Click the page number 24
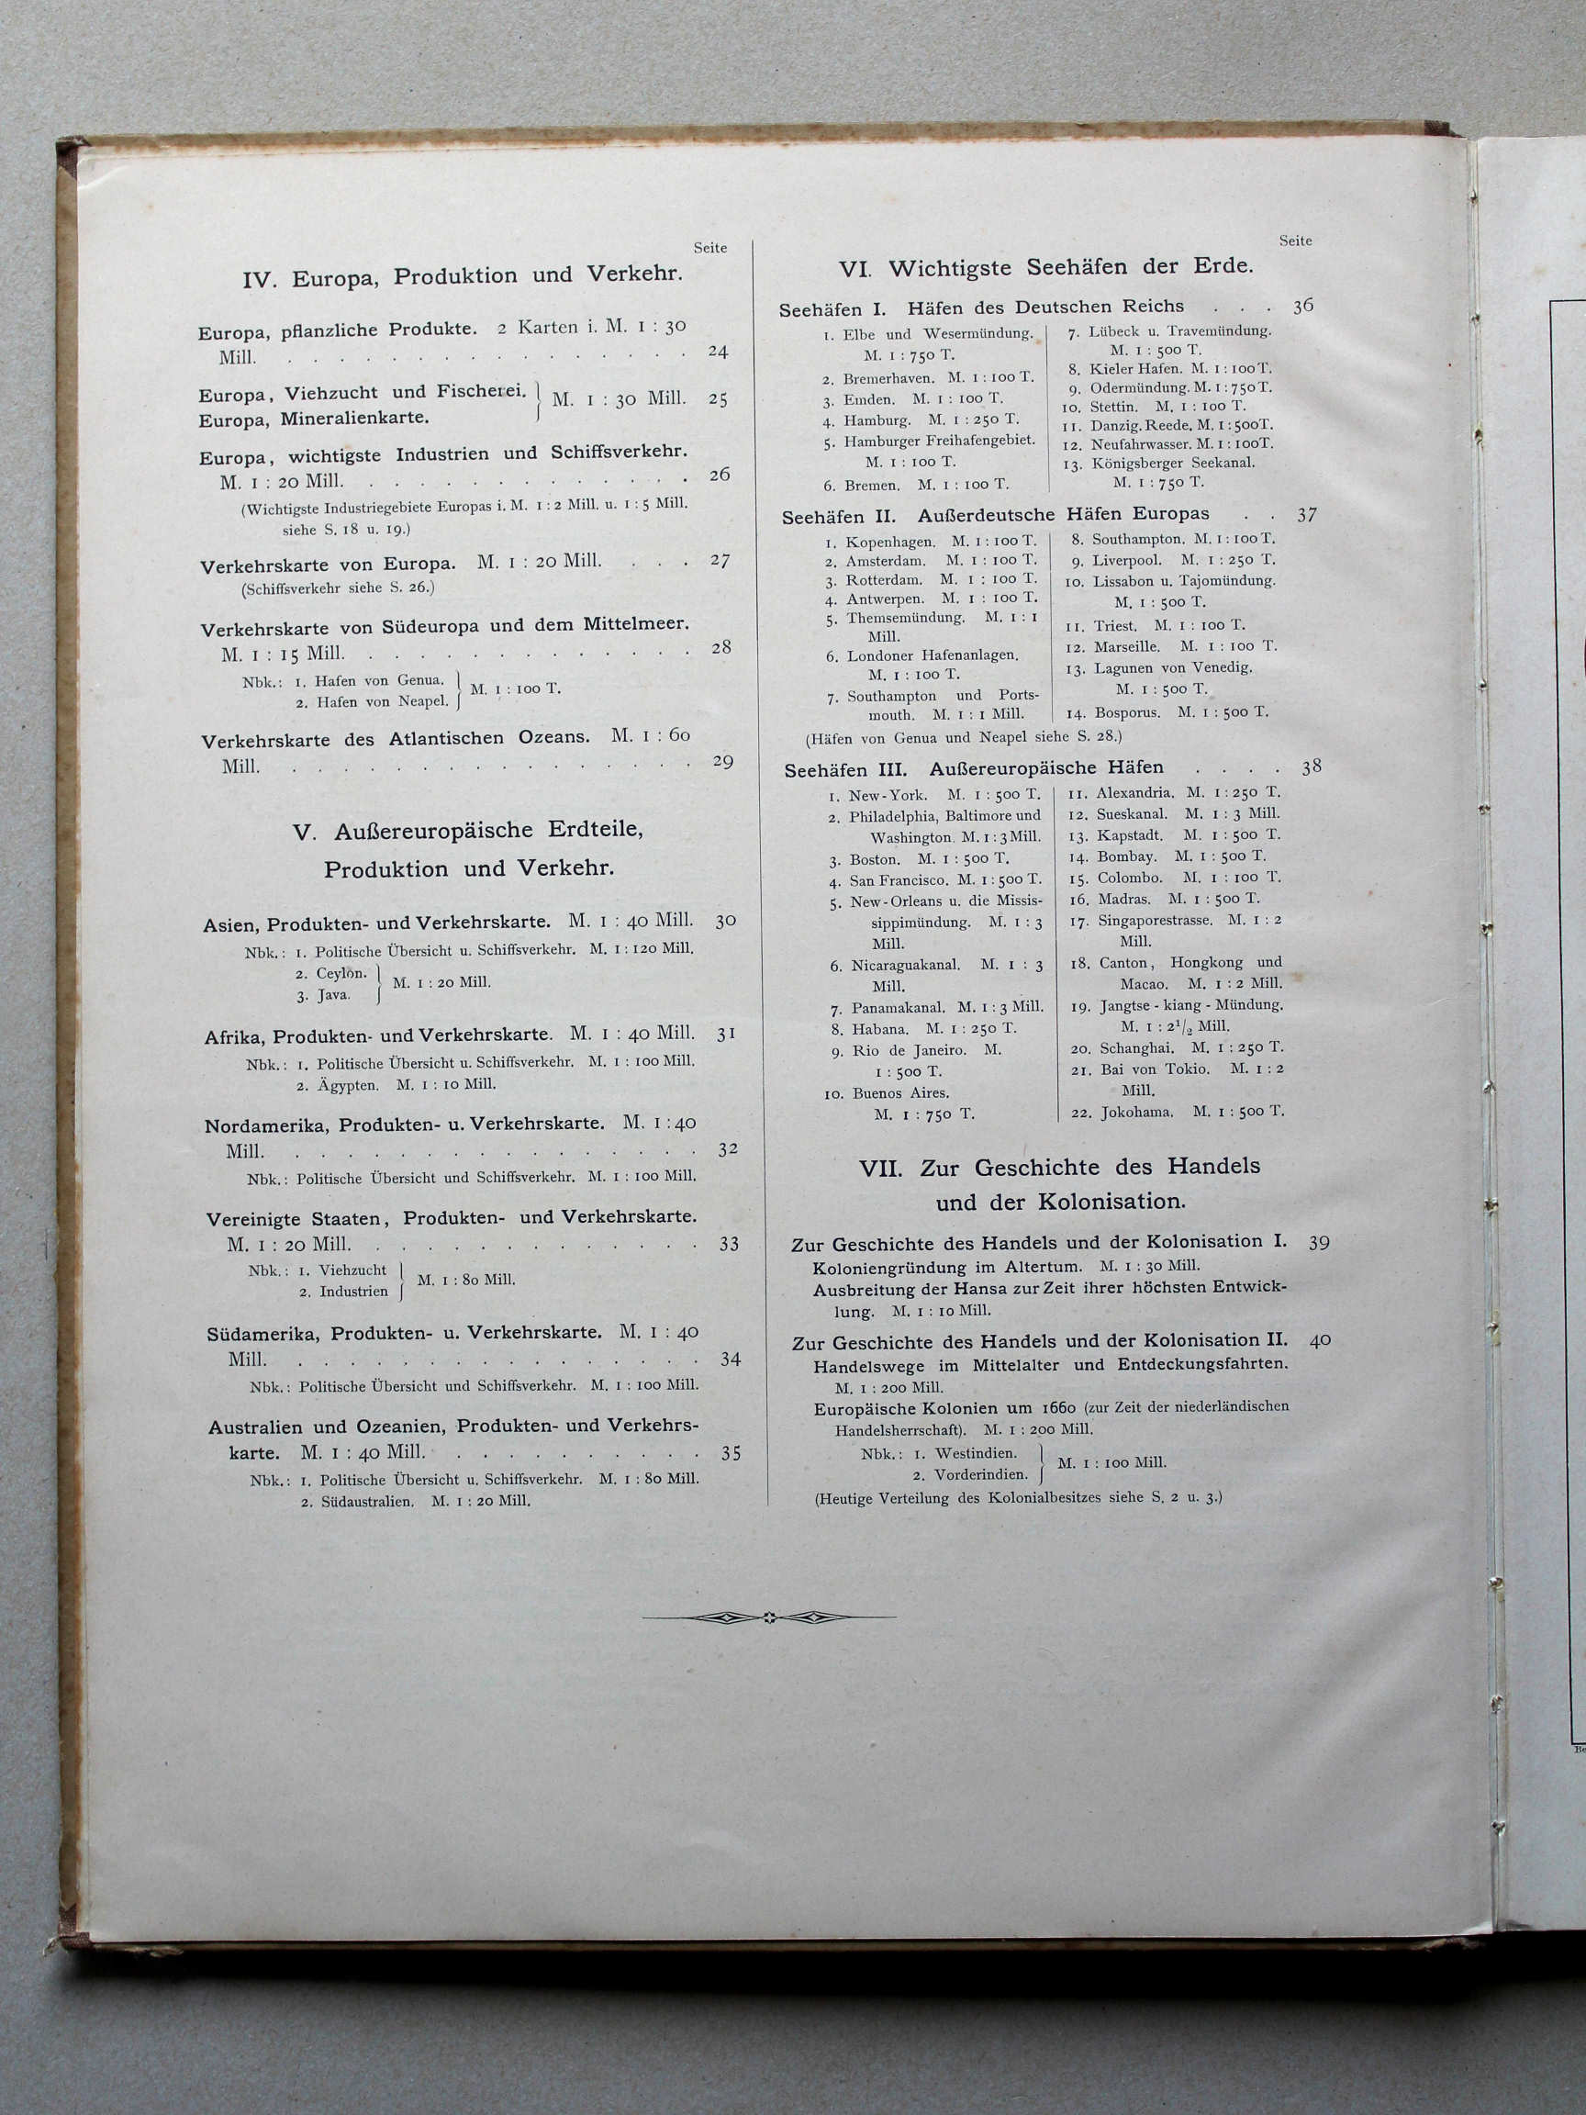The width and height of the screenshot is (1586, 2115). [x=718, y=352]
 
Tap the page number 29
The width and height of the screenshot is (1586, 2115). [x=722, y=762]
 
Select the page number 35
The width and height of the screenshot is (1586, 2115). [x=732, y=1453]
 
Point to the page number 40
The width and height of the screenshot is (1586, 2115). [x=1320, y=1340]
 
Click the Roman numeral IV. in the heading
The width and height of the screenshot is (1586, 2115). [x=260, y=280]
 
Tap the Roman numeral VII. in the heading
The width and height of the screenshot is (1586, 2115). [x=880, y=1168]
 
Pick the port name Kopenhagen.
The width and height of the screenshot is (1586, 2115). [x=890, y=542]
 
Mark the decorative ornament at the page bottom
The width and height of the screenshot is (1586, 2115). [x=768, y=1617]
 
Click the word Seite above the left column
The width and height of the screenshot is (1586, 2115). [x=710, y=248]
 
